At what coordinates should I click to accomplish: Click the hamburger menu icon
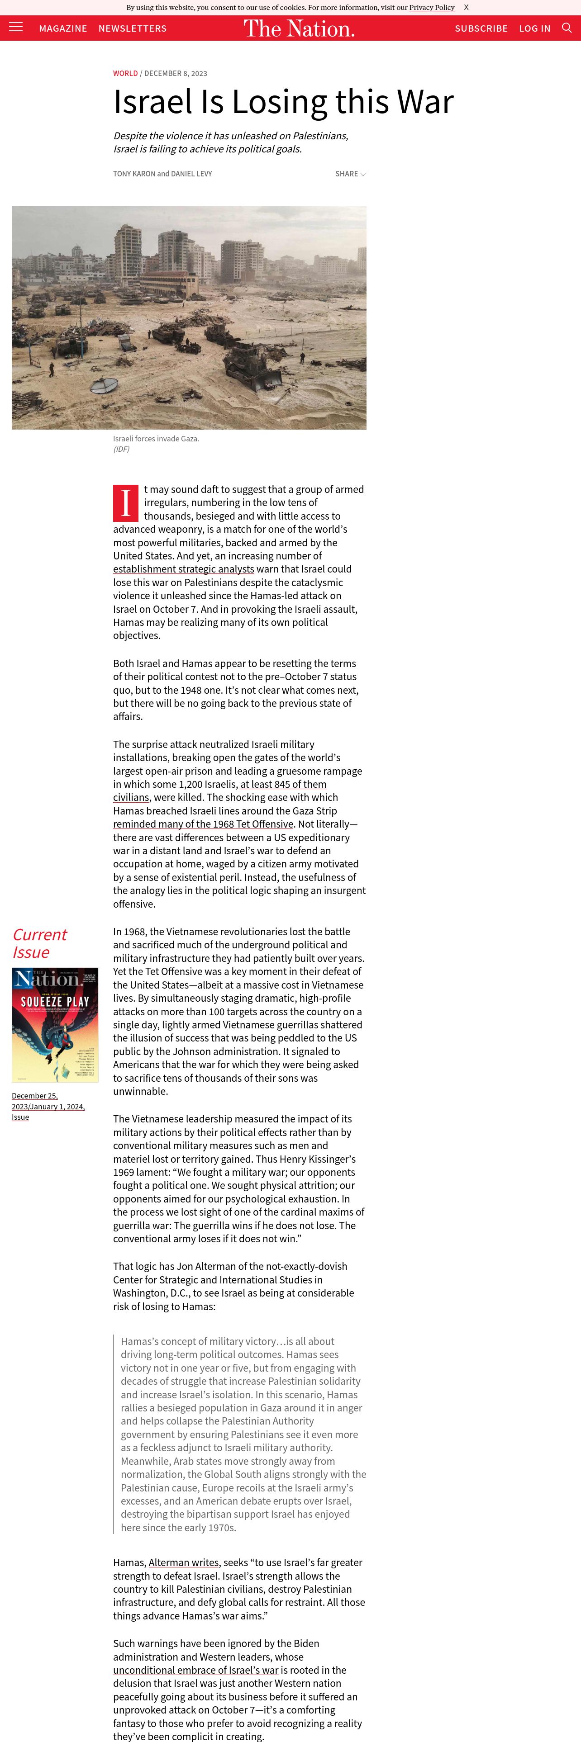pos(15,27)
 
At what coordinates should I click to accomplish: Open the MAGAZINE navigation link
pos(63,28)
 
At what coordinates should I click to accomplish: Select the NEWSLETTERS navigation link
pos(133,28)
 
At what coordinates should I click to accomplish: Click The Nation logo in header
pos(299,28)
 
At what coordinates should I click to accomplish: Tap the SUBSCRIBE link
pos(481,28)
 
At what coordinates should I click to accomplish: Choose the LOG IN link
pos(534,28)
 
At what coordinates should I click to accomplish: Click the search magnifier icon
pos(567,28)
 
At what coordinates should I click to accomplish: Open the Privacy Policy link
pos(432,7)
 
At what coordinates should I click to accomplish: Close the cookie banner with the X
pos(466,7)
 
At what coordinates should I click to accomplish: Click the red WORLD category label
pos(125,73)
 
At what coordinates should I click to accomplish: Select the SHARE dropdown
pos(350,174)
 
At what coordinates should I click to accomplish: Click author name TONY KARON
pos(134,174)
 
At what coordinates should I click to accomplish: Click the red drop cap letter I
pos(126,503)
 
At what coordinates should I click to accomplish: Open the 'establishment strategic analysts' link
pos(183,569)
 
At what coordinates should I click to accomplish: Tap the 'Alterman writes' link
pos(183,1562)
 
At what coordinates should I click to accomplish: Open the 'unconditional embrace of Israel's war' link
pos(195,1670)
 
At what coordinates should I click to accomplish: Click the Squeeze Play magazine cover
pos(55,1024)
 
